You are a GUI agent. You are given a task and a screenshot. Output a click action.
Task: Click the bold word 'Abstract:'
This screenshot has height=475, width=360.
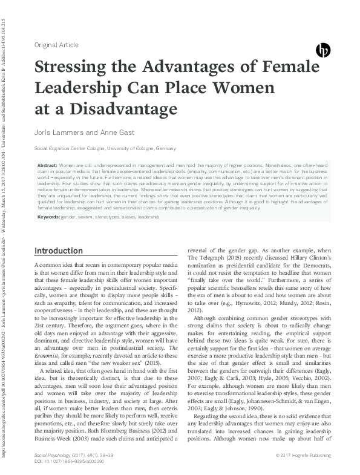pos(47,165)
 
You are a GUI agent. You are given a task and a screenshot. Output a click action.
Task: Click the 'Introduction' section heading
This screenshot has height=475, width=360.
pos(67,251)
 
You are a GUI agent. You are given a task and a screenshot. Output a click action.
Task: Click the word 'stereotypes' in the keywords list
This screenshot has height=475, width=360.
pos(108,217)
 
